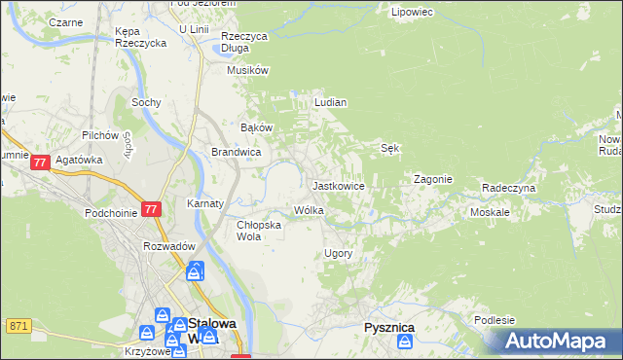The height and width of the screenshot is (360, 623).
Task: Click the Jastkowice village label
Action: pyautogui.click(x=338, y=185)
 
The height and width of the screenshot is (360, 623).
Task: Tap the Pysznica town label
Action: pyautogui.click(x=388, y=328)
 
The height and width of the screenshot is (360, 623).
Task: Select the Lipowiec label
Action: pyautogui.click(x=411, y=13)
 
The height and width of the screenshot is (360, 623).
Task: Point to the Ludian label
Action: pyautogui.click(x=331, y=101)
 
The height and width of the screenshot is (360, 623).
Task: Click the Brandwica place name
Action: pyautogui.click(x=236, y=152)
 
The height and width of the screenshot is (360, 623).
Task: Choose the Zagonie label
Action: pyautogui.click(x=432, y=179)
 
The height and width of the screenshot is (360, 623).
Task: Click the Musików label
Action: pyautogui.click(x=247, y=70)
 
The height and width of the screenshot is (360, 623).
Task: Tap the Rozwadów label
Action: pyautogui.click(x=170, y=246)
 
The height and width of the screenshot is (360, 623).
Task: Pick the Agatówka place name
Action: pyautogui.click(x=79, y=161)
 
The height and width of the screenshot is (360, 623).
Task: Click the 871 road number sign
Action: pyautogui.click(x=18, y=325)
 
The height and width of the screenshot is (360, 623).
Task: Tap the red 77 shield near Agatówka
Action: pyautogui.click(x=40, y=163)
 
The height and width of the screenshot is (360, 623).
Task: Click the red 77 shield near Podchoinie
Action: pyautogui.click(x=150, y=209)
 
